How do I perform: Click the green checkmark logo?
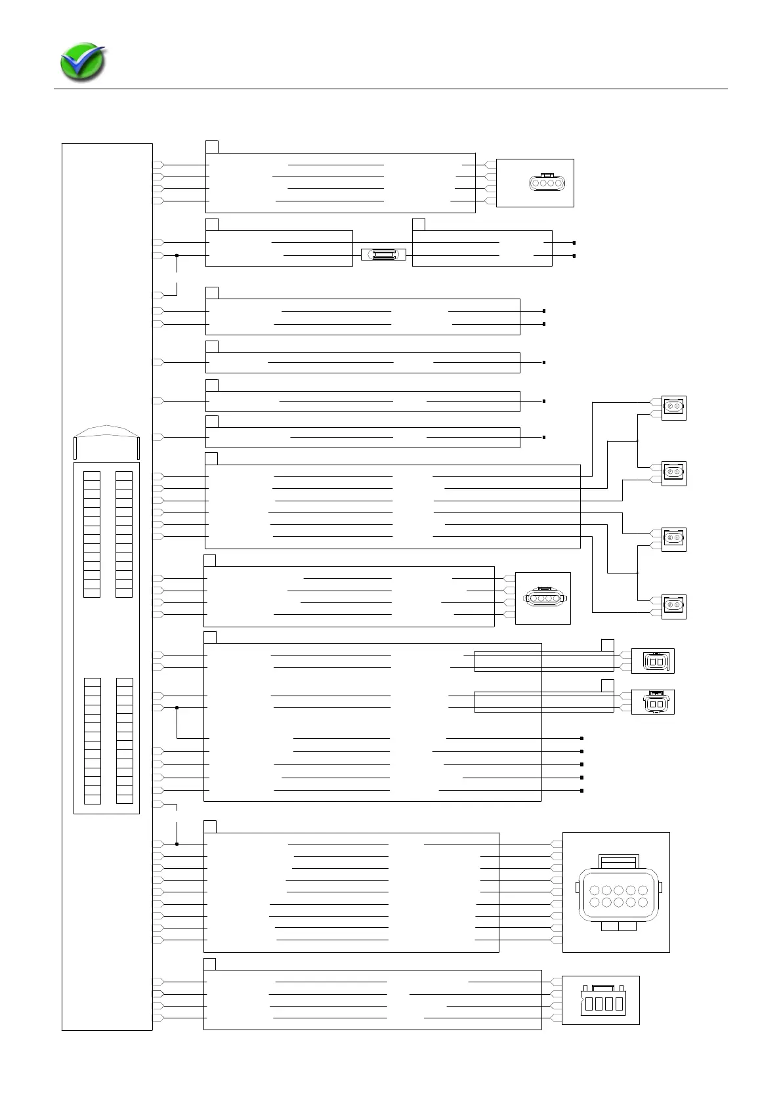coord(82,62)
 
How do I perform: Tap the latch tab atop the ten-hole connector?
coord(618,860)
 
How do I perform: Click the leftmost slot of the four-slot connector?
coord(589,1004)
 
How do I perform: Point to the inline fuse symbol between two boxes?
coord(383,255)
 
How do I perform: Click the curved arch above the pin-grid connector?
coord(106,430)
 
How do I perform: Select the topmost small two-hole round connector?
coord(673,407)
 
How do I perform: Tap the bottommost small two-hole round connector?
coord(673,606)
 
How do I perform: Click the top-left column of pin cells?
coord(92,533)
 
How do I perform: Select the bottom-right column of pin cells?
coord(124,740)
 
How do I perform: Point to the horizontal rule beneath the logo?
coord(390,89)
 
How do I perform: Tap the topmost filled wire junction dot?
coord(177,255)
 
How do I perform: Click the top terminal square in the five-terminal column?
coord(582,738)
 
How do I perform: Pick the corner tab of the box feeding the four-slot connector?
coord(209,963)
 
